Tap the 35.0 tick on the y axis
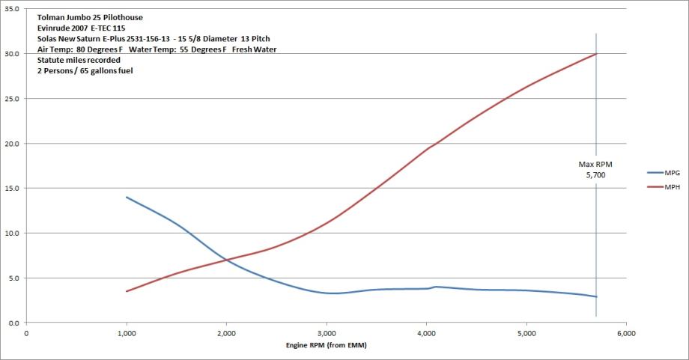(13, 9)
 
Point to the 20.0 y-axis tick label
(13, 144)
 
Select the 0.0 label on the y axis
(16, 323)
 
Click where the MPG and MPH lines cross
(224, 260)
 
